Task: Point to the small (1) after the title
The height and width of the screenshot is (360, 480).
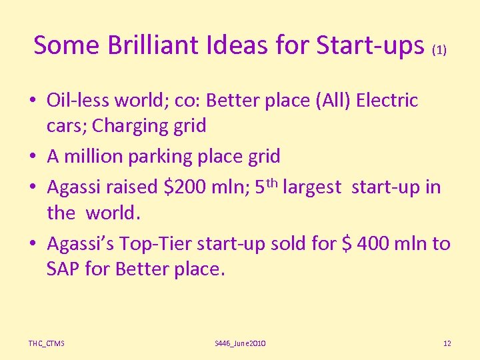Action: tap(439, 49)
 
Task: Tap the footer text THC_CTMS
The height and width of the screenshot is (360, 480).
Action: tap(46, 343)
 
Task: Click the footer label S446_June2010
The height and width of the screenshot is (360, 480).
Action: tap(240, 343)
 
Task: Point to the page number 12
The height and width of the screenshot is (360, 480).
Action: tap(447, 343)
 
